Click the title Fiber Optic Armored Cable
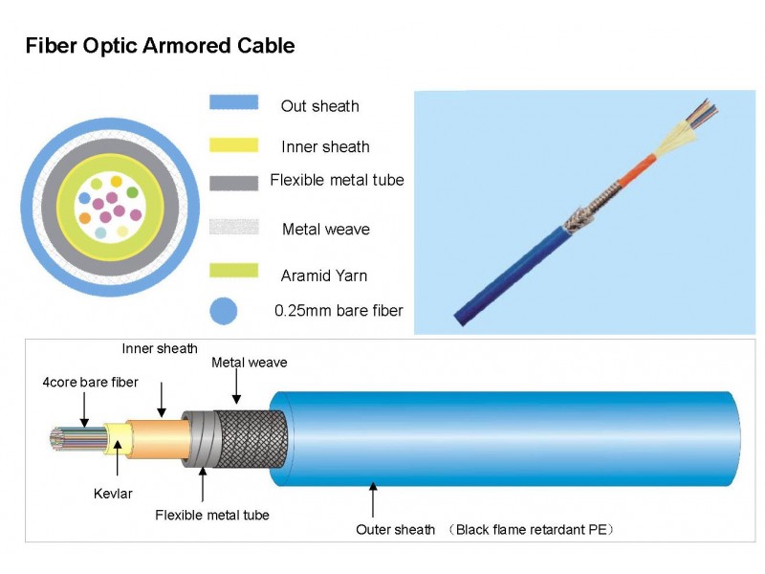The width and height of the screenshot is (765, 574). [x=160, y=45]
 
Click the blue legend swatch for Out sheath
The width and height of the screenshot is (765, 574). [x=233, y=101]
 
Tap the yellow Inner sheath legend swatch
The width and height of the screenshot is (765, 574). [x=233, y=144]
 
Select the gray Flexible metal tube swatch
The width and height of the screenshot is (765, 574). [x=233, y=181]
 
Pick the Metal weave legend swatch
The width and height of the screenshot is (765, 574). [x=233, y=228]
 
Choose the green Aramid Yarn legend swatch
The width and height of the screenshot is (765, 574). [x=233, y=270]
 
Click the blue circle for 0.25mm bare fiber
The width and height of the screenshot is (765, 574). [x=223, y=310]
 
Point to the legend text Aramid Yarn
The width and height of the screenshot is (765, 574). [x=324, y=276]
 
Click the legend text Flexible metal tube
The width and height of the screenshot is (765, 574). [x=337, y=180]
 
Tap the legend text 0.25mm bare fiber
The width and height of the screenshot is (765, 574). [x=339, y=310]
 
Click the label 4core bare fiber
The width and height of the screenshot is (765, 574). [x=91, y=383]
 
